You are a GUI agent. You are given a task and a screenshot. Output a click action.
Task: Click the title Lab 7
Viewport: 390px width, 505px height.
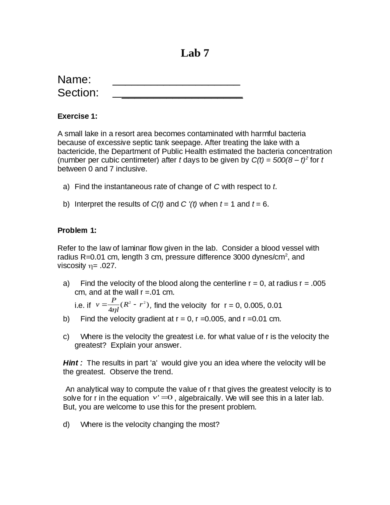click(195, 53)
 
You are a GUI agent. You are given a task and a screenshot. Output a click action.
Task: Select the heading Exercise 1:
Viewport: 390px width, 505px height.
click(77, 116)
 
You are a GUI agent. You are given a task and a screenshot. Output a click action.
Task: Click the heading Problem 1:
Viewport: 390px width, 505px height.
click(77, 231)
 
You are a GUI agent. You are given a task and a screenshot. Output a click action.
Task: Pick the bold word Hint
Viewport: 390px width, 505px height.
click(71, 363)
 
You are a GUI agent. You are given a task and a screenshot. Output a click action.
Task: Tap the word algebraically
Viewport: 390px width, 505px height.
click(200, 398)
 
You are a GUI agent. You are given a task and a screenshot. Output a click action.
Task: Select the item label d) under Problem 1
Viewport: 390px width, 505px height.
click(66, 424)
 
